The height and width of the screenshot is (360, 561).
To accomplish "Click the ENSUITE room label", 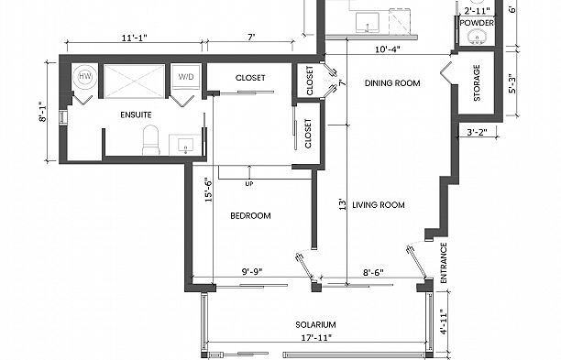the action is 136,115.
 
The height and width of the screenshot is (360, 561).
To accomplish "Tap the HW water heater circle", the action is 85,76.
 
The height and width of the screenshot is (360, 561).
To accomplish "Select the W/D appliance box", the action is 186,77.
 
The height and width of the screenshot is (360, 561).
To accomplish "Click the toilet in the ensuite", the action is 150,139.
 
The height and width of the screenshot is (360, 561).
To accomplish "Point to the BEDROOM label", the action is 250,215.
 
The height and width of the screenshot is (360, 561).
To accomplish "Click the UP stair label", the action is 249,184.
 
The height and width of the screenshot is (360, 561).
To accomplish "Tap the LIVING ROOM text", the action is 379,205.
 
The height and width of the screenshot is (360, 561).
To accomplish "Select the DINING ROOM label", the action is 392,83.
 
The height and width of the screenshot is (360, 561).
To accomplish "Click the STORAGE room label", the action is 477,83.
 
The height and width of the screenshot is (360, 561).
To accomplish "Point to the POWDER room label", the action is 477,23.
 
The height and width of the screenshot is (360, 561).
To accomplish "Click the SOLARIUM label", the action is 315,324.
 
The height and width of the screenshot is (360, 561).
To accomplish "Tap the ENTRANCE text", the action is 444,263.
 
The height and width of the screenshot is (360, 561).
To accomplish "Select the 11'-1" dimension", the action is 134,38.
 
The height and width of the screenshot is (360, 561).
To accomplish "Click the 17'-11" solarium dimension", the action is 316,337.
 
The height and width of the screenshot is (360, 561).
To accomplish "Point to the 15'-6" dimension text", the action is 209,191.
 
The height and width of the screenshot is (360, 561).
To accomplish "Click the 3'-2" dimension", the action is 478,132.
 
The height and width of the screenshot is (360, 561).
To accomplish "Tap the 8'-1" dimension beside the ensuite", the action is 42,113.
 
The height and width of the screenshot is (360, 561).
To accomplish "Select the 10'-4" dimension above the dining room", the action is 388,49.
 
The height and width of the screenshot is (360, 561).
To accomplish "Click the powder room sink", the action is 476,36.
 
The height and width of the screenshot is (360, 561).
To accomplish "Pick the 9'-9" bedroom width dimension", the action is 252,272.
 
